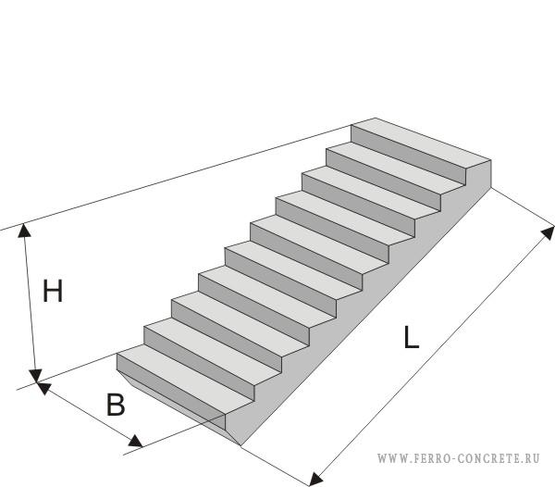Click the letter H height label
click(x=53, y=292)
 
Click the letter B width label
click(x=115, y=405)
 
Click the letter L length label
click(x=412, y=338)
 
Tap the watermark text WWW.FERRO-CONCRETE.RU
click(x=458, y=458)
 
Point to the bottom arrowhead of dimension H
click(x=36, y=374)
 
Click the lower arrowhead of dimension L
click(x=316, y=477)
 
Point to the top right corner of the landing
click(x=490, y=161)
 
